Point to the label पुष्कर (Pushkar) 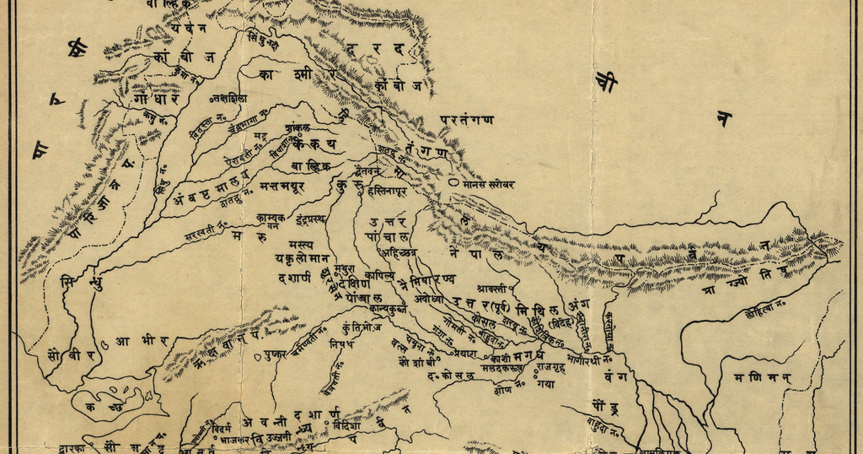(275, 354)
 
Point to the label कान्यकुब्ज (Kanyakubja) (388, 309)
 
